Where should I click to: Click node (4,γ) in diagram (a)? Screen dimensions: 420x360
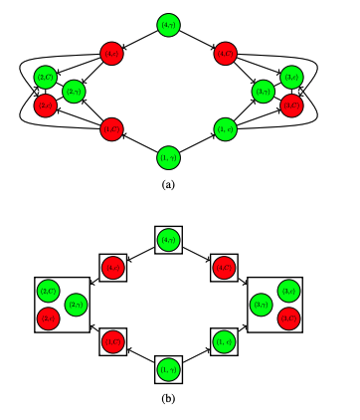pos(168,24)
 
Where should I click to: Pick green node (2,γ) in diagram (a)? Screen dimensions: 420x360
pos(74,92)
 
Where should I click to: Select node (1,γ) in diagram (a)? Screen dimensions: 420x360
pos(168,157)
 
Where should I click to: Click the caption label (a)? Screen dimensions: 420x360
pos(168,184)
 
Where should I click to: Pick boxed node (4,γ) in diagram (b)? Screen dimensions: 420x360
pos(168,240)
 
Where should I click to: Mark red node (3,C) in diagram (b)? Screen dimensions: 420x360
pos(290,317)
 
